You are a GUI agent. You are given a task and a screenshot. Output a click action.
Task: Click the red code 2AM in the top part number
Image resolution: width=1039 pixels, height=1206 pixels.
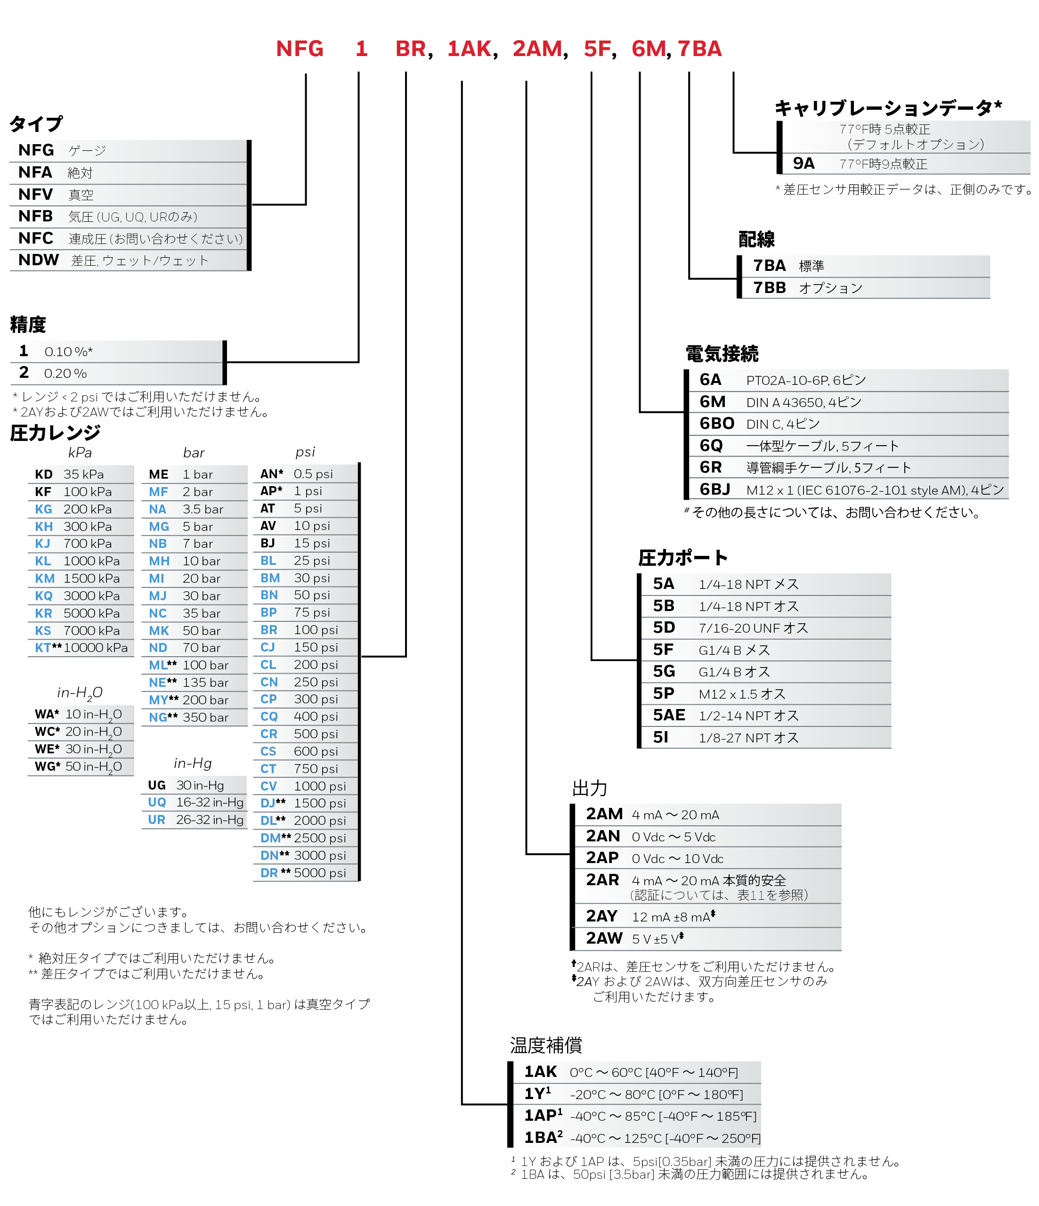[x=536, y=49]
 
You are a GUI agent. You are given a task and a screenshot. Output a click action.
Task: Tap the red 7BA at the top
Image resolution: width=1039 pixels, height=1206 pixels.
[x=699, y=49]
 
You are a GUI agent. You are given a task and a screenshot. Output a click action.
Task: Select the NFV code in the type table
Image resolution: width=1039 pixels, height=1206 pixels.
[x=35, y=195]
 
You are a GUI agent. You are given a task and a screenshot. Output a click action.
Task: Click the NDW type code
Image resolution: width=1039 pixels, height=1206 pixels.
[x=39, y=260]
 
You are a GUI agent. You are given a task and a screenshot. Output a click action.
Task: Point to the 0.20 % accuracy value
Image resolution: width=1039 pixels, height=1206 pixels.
[x=65, y=374]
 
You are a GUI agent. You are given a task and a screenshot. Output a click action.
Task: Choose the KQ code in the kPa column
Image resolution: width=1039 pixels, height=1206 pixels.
[x=44, y=596]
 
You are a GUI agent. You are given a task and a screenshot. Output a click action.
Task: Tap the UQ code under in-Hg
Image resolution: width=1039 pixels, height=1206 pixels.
[x=156, y=803]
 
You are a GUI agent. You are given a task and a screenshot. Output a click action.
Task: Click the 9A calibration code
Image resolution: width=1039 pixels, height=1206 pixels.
[x=803, y=163]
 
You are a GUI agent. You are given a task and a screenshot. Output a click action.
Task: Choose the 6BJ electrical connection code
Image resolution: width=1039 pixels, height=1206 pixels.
[x=714, y=489]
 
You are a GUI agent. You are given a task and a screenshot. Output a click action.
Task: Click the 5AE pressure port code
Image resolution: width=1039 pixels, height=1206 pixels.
[x=668, y=715]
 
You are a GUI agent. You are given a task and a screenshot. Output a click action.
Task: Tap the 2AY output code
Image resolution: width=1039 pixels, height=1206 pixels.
[x=601, y=917]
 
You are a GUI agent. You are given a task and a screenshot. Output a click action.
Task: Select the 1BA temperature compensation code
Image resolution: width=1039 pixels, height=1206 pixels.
[x=540, y=1138]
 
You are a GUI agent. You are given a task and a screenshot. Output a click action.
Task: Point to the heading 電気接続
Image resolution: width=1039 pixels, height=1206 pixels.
[x=722, y=354]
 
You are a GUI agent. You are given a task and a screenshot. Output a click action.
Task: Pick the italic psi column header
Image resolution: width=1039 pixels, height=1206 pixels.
[x=305, y=452]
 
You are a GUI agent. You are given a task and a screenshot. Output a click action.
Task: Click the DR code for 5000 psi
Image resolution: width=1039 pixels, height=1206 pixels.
[x=269, y=873]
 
